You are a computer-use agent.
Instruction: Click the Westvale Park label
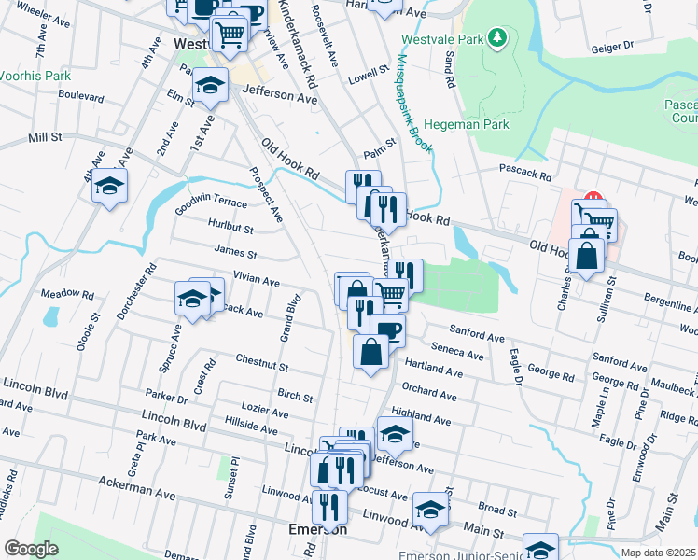tap(442, 40)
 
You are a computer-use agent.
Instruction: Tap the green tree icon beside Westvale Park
tap(498, 38)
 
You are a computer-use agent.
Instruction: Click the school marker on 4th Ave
tap(110, 185)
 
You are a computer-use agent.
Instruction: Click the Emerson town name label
tap(318, 529)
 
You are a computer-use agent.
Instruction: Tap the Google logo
tap(31, 550)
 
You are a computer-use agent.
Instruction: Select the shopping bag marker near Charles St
tap(586, 256)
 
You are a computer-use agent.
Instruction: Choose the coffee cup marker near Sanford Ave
tap(388, 329)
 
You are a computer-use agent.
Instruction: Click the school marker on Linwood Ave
tap(430, 510)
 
